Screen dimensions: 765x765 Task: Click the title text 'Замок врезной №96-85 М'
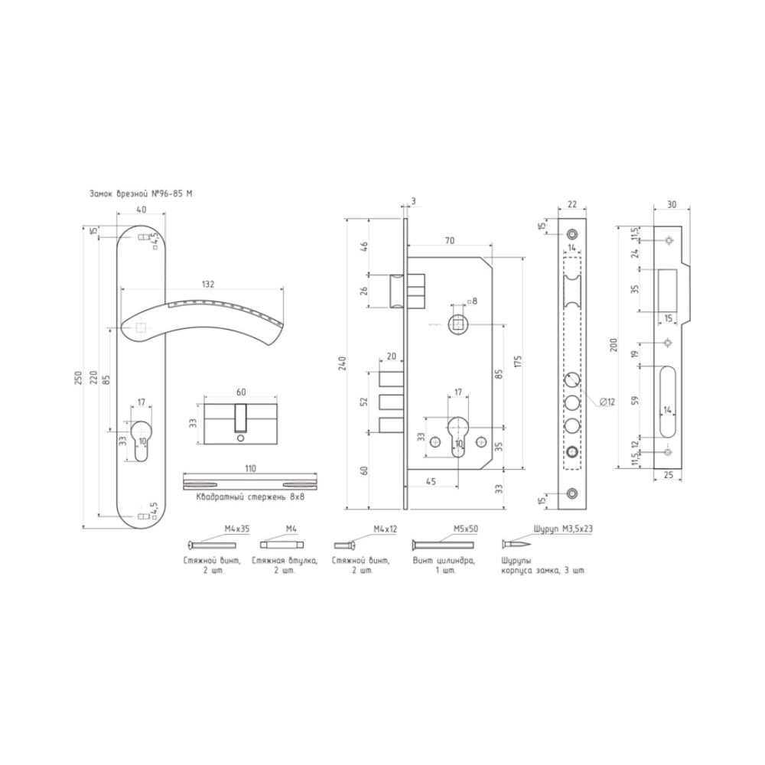(x=141, y=194)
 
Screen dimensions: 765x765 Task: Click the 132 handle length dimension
(x=208, y=284)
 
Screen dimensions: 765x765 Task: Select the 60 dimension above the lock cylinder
(x=241, y=392)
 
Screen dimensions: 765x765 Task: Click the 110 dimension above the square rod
(x=250, y=468)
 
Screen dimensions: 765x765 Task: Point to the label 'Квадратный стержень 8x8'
(x=250, y=497)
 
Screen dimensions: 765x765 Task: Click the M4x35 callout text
(x=237, y=529)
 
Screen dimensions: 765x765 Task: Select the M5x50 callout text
(x=466, y=529)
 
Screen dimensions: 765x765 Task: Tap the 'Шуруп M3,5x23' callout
(x=564, y=529)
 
